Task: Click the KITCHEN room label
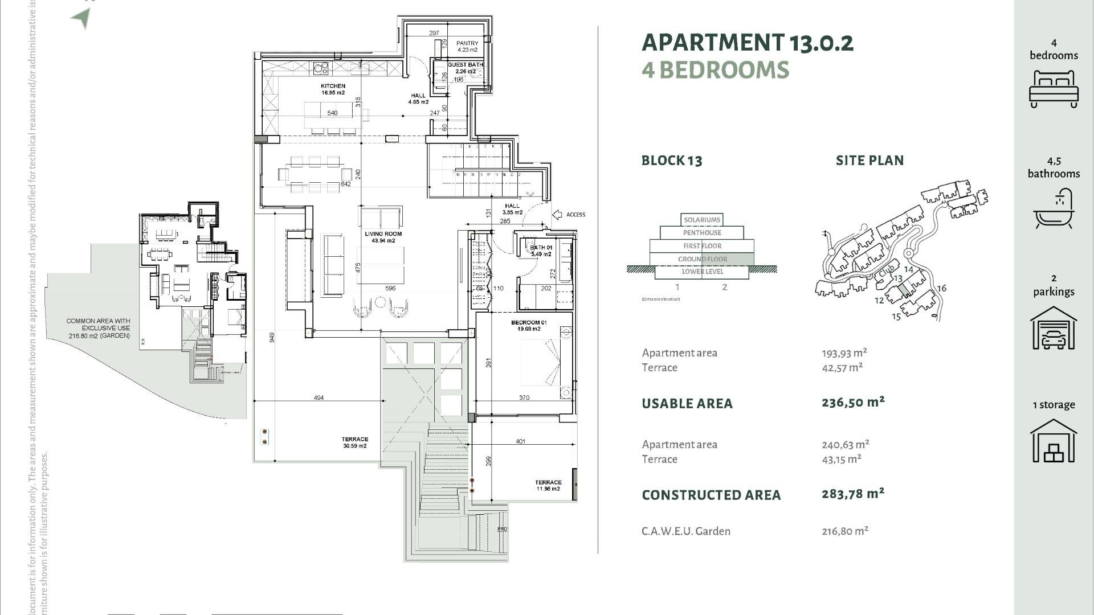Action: (x=333, y=87)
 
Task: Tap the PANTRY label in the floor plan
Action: (x=467, y=44)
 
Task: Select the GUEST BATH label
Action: (x=465, y=65)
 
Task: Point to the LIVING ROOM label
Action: (x=383, y=234)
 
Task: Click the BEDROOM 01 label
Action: (x=529, y=323)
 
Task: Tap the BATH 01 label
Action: (x=541, y=248)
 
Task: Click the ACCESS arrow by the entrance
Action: (x=557, y=215)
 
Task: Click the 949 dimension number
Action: (x=272, y=337)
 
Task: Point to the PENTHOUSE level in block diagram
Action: (x=702, y=233)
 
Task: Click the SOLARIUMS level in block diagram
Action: (x=702, y=220)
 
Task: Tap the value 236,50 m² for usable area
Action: (x=853, y=403)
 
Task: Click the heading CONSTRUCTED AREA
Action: (x=711, y=495)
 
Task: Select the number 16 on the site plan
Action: (x=941, y=289)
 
